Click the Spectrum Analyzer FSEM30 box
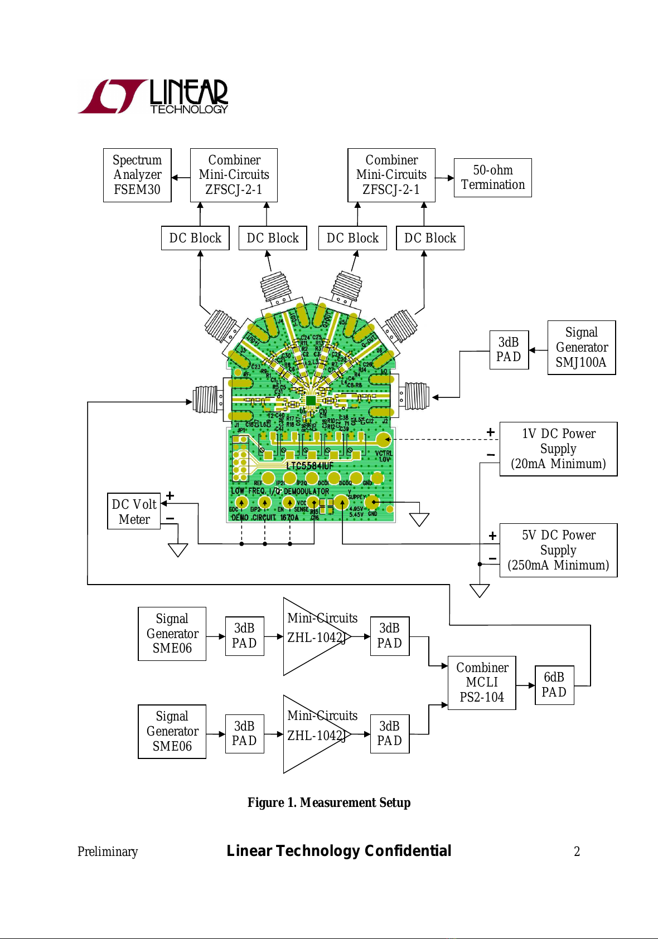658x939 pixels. click(x=137, y=175)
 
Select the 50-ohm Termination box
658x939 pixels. click(x=493, y=178)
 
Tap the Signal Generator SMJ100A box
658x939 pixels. click(x=582, y=347)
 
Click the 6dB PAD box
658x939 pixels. click(x=554, y=685)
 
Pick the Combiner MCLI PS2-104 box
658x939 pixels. click(x=482, y=683)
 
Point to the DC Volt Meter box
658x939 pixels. click(x=134, y=511)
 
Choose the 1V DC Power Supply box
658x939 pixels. click(x=558, y=449)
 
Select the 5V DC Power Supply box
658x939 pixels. click(x=558, y=550)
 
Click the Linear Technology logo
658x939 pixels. click(x=153, y=96)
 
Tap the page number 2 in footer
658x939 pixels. click(x=577, y=852)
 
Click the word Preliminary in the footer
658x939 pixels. click(x=108, y=852)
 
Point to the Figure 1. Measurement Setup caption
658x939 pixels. click(x=329, y=802)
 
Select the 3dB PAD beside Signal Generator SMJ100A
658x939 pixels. click(x=509, y=349)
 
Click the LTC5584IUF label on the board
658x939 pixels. click(x=309, y=465)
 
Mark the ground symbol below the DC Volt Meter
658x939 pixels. click(x=178, y=550)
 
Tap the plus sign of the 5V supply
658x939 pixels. click(x=492, y=536)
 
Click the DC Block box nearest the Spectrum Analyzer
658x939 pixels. click(x=195, y=238)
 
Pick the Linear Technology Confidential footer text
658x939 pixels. click(x=339, y=851)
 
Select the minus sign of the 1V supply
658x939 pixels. click(x=491, y=455)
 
